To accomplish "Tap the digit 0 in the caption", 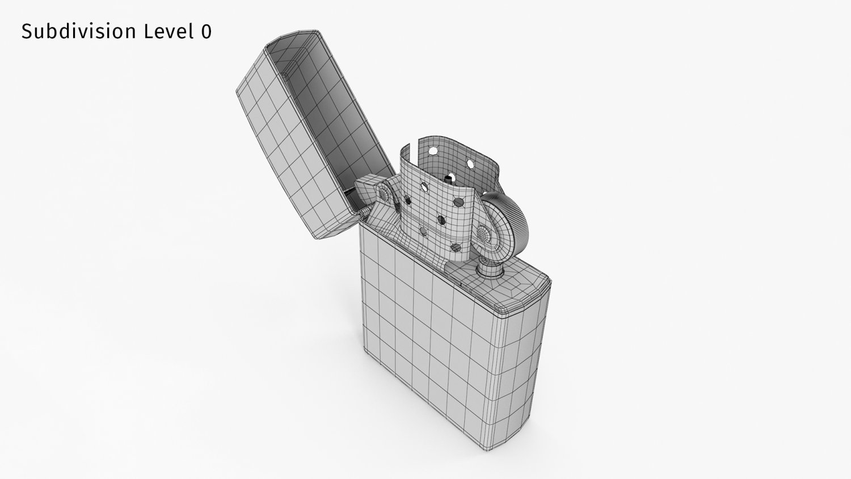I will click(206, 32).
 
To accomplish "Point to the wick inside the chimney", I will click(448, 180).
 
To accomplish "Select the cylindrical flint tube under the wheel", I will click(487, 267).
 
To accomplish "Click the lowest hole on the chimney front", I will click(455, 247).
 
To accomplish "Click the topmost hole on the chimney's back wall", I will click(433, 151).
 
